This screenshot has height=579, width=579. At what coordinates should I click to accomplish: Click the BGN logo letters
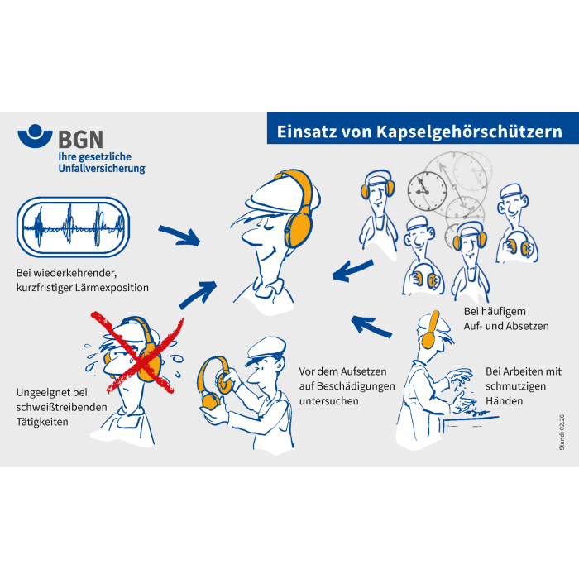click(x=81, y=139)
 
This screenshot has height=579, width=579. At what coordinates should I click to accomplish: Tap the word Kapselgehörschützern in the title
click(x=469, y=132)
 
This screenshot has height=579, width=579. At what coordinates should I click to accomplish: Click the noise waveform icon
click(x=73, y=227)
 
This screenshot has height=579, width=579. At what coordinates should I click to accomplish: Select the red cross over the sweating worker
click(x=137, y=352)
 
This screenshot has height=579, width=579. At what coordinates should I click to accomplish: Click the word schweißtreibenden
click(x=62, y=407)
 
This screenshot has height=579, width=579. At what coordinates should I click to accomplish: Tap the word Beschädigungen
click(x=356, y=386)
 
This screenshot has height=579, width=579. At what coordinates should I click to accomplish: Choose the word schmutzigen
click(x=515, y=386)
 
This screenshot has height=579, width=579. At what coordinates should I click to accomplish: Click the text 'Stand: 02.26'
click(x=562, y=432)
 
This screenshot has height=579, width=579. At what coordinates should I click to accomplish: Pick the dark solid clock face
click(x=428, y=190)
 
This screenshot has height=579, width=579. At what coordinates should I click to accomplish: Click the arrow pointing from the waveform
click(x=179, y=236)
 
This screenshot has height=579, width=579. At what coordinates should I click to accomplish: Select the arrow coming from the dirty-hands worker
click(x=371, y=327)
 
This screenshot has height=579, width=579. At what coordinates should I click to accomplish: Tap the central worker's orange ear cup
click(x=299, y=226)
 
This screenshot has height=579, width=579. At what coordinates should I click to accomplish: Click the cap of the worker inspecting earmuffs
click(x=266, y=348)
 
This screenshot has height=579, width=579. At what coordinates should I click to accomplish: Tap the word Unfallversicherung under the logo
click(x=102, y=169)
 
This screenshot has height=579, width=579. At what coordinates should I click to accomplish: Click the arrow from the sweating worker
click(x=198, y=294)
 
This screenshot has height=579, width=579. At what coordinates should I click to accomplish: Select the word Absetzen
click(x=528, y=326)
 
